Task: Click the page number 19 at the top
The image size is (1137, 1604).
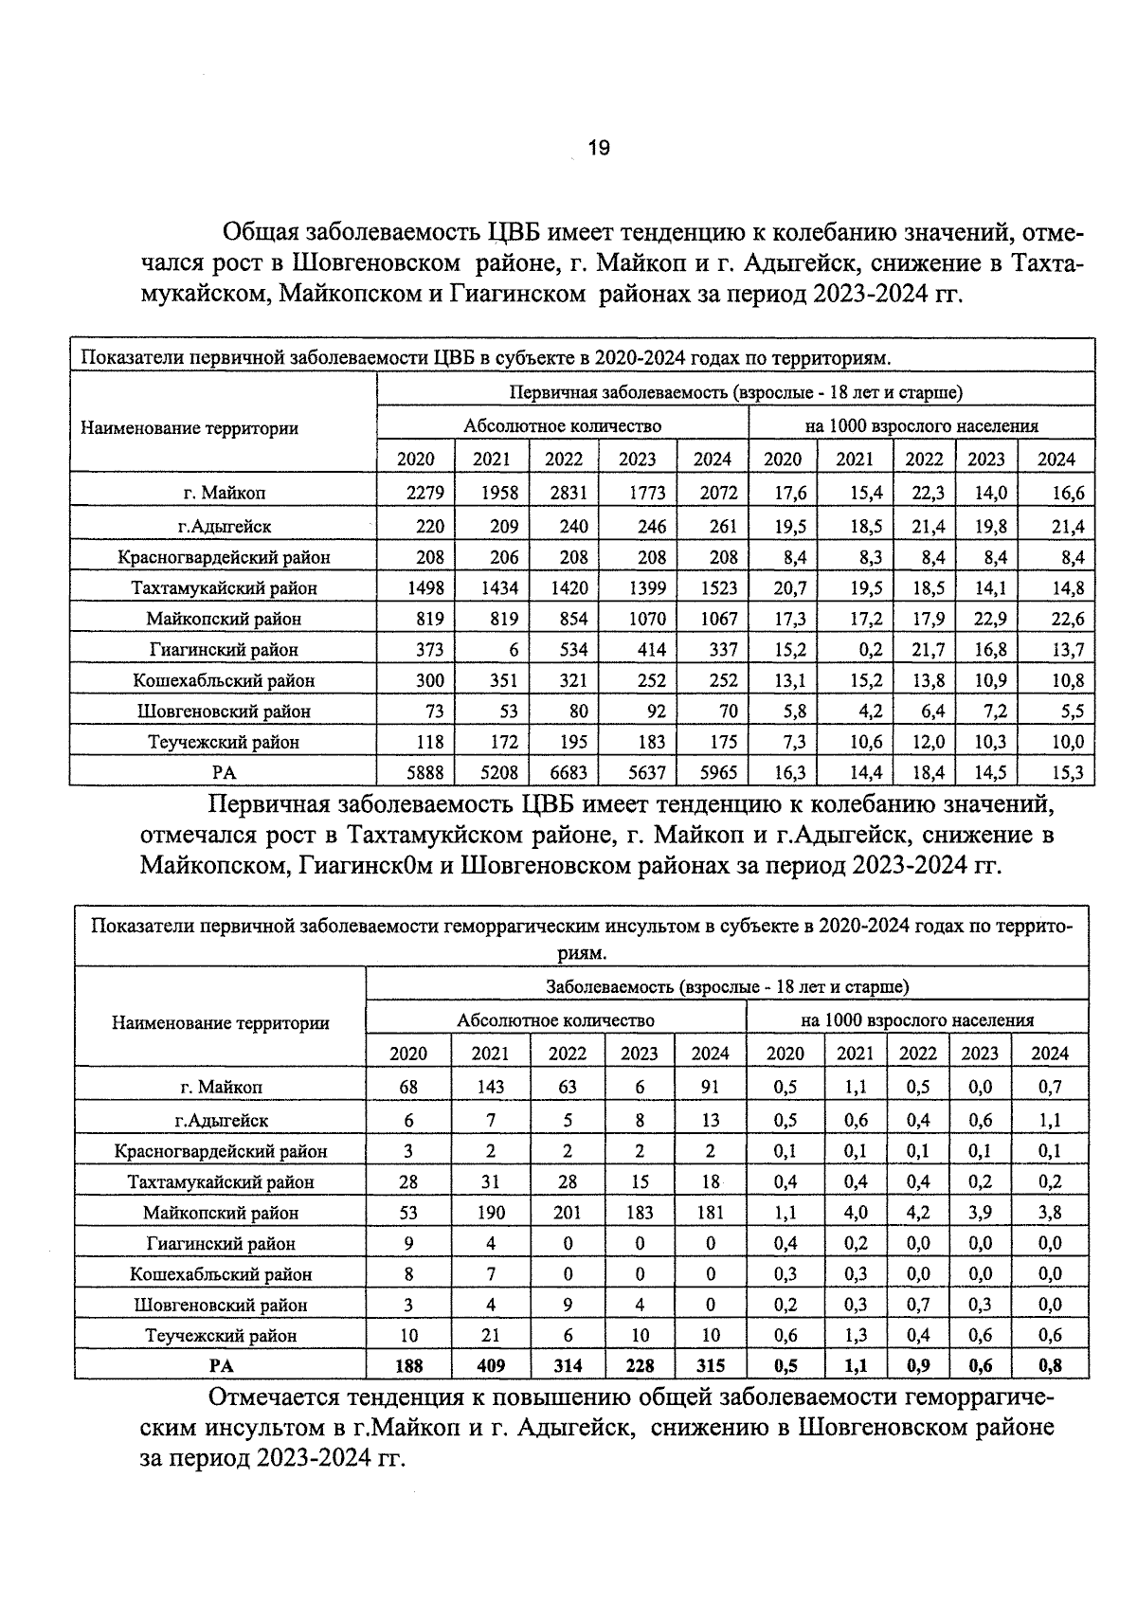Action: coord(599,148)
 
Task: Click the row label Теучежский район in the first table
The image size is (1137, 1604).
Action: coord(224,742)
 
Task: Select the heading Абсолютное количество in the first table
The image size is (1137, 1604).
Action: coord(562,425)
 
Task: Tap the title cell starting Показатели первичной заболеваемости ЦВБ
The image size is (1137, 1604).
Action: coord(485,357)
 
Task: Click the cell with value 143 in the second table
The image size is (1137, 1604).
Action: coord(491,1087)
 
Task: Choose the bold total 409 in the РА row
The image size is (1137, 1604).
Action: coord(491,1365)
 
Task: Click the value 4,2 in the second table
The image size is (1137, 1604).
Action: coord(917,1212)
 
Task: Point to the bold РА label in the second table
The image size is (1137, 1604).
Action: coord(221,1365)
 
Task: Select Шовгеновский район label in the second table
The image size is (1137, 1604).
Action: coord(221,1305)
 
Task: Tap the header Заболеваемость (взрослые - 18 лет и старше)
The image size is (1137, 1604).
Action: coord(727,986)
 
